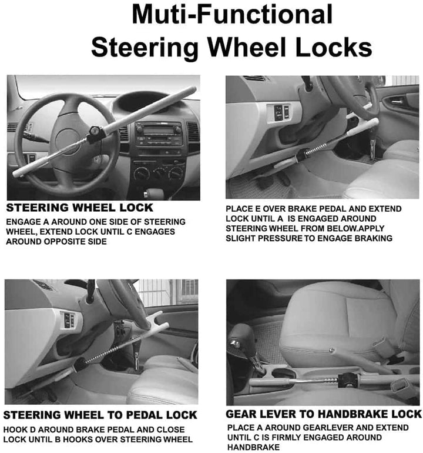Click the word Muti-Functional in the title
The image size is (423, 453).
[x=231, y=14]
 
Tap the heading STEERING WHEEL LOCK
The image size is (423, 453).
[x=79, y=208]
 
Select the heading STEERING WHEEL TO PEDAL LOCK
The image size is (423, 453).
[x=100, y=415]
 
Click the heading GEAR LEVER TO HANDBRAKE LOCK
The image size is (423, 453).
[x=324, y=414]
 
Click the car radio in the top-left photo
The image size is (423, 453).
[x=158, y=133]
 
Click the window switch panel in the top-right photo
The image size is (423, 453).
[x=278, y=112]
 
